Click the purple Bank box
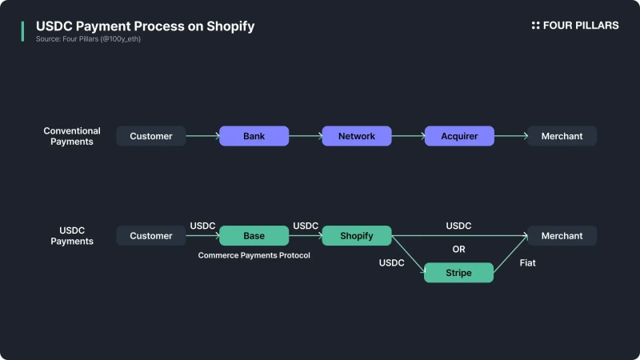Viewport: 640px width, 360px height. (x=254, y=136)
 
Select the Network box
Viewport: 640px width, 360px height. (x=356, y=136)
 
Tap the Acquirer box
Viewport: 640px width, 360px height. (x=459, y=136)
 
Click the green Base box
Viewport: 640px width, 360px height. (x=254, y=236)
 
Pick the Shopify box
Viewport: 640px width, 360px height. (x=356, y=236)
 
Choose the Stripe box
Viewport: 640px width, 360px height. (x=458, y=273)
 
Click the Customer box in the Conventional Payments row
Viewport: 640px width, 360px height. (x=151, y=136)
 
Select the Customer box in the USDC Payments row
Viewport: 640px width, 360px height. (x=151, y=236)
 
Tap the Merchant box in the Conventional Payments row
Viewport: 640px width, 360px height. (x=562, y=136)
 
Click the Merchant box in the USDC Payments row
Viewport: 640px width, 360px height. (x=562, y=236)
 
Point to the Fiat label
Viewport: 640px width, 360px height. (x=528, y=263)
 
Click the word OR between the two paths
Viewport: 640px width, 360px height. (x=458, y=250)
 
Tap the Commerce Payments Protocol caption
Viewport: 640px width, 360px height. (x=254, y=255)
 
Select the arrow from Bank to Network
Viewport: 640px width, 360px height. (x=305, y=136)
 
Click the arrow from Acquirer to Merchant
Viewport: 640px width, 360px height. (x=510, y=136)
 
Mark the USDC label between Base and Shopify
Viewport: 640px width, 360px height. (x=306, y=226)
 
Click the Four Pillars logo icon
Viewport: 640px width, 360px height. (x=536, y=26)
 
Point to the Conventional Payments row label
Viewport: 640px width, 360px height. (x=72, y=136)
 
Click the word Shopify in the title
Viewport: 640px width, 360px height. (x=227, y=26)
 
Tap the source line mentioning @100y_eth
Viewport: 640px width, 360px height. (x=88, y=39)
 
